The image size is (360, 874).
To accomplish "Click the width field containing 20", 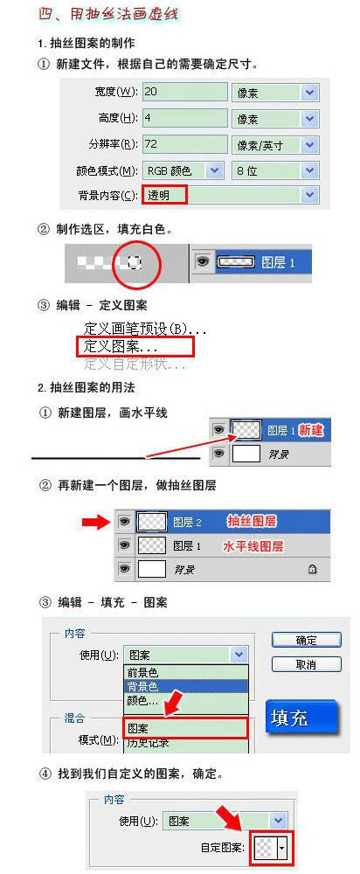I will pyautogui.click(x=183, y=93).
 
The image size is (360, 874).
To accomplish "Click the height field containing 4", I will pyautogui.click(x=183, y=119).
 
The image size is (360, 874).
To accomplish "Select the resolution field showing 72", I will pyautogui.click(x=183, y=145).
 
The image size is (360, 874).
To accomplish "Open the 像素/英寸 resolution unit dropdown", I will pyautogui.click(x=274, y=145).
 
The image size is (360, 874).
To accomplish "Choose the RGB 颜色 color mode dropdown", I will pyautogui.click(x=183, y=171).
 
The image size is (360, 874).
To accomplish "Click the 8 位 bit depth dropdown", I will pyautogui.click(x=274, y=171).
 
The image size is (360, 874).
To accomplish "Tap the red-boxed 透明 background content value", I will pyautogui.click(x=165, y=195).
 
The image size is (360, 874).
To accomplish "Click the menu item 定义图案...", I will pyautogui.click(x=121, y=347).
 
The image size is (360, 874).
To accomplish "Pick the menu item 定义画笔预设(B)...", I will pyautogui.click(x=145, y=329).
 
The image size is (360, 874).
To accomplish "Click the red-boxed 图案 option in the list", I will pyautogui.click(x=184, y=727).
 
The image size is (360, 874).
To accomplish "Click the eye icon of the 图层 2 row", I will pyautogui.click(x=124, y=522).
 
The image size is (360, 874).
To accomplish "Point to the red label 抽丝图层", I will pyautogui.click(x=252, y=522).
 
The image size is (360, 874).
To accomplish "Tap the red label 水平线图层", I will pyautogui.click(x=253, y=545).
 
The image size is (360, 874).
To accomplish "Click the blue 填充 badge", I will pyautogui.click(x=300, y=717).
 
